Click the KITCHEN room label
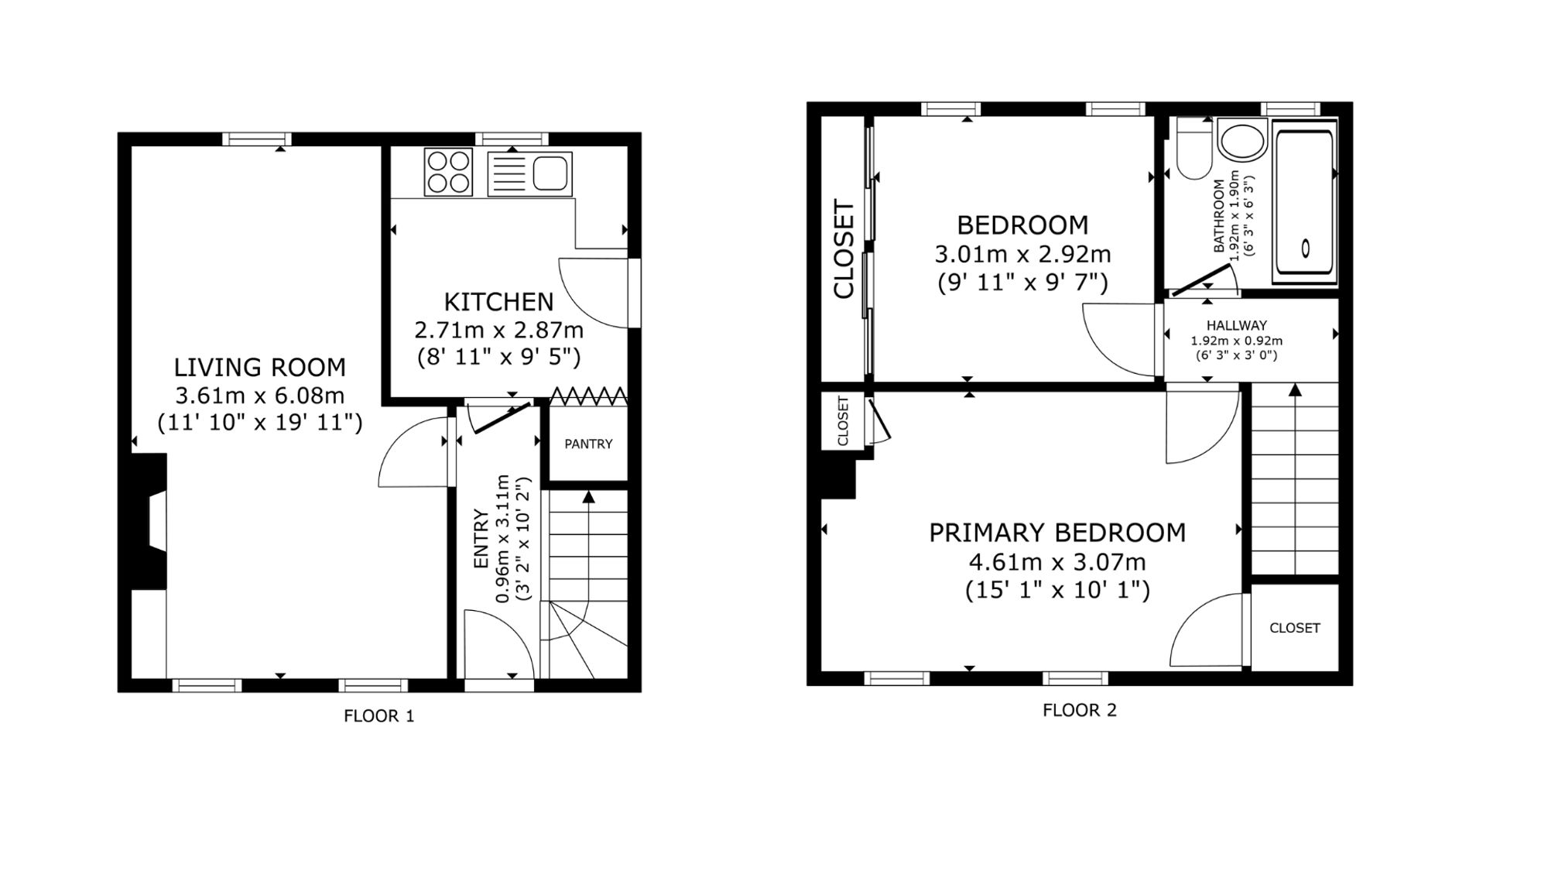(x=498, y=301)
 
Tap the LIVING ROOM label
(x=259, y=367)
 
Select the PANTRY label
(x=588, y=444)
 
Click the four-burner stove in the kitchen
(x=448, y=172)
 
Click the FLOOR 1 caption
(x=379, y=716)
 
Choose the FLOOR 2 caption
(x=1080, y=710)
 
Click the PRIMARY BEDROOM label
(x=1057, y=533)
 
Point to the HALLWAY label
(x=1237, y=326)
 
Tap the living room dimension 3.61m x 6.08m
(x=260, y=396)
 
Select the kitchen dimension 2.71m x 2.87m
(x=499, y=331)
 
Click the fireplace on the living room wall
(x=149, y=522)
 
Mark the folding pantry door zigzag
(x=589, y=397)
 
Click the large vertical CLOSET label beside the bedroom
(x=844, y=249)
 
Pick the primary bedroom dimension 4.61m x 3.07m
(x=1057, y=562)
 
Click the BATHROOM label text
(x=1220, y=216)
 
